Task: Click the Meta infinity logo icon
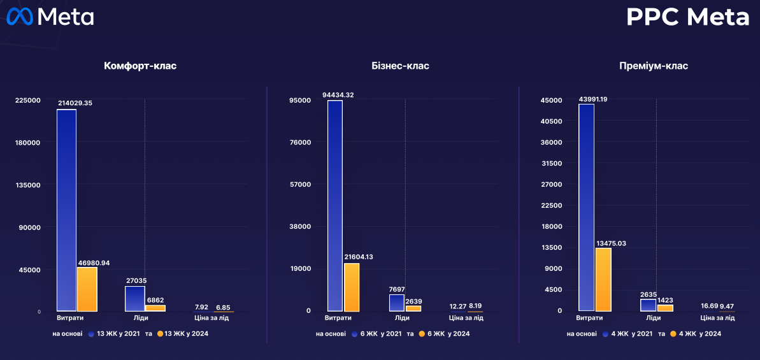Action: tap(20, 17)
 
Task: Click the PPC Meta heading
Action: tap(687, 17)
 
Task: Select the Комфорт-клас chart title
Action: tap(140, 66)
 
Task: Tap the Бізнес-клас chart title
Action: tap(400, 66)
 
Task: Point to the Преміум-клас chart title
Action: tap(653, 66)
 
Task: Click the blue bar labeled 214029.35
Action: tap(66, 210)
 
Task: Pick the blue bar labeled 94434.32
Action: tap(335, 205)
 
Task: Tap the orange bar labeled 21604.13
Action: tap(352, 287)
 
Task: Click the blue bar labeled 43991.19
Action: tap(586, 207)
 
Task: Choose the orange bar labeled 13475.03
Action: tap(603, 279)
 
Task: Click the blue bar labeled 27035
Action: tap(134, 298)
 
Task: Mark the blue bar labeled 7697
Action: tap(397, 303)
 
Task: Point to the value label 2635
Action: tap(649, 294)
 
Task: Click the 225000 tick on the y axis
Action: tap(27, 100)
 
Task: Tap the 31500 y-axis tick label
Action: tap(551, 163)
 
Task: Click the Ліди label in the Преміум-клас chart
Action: tap(653, 318)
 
